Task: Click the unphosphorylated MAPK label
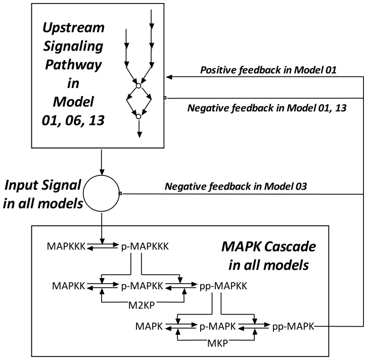[x=150, y=327]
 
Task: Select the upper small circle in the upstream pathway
[x=138, y=85]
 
